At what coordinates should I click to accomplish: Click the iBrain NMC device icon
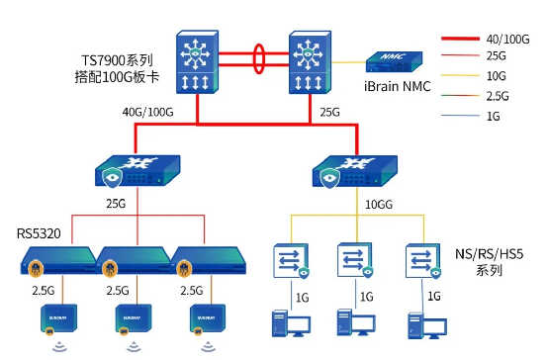point(394,62)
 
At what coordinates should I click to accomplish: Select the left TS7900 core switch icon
point(198,62)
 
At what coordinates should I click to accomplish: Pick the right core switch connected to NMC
point(310,62)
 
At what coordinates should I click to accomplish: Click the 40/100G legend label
point(507,40)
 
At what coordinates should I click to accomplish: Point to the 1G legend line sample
point(460,116)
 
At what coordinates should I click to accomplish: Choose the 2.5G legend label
point(498,96)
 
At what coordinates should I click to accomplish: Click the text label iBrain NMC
point(397,86)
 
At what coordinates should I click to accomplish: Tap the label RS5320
point(39,233)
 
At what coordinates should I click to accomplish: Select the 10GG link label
point(379,204)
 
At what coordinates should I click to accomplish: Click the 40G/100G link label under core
point(147,112)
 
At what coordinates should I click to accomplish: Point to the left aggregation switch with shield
point(137,171)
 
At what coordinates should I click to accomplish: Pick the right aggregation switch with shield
point(355,172)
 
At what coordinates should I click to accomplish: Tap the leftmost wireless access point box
point(58,319)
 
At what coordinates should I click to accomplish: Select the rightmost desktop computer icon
point(427,325)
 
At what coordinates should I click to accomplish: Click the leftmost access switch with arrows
point(291,261)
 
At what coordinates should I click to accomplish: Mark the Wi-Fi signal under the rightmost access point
point(208,347)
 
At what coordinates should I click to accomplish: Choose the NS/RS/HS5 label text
point(489,262)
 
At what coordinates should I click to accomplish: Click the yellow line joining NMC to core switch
point(349,62)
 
